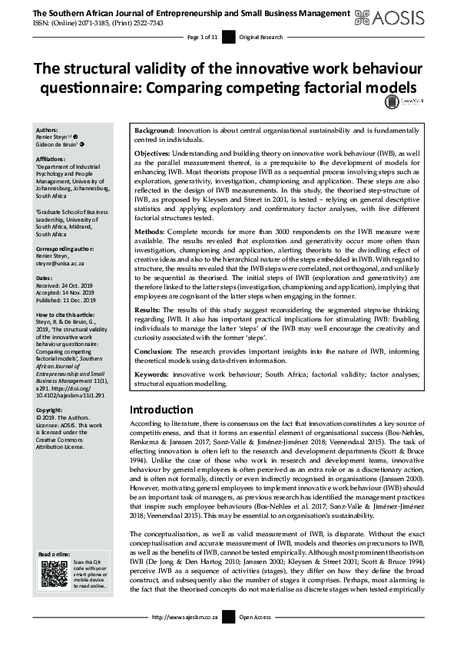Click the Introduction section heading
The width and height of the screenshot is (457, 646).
(161, 410)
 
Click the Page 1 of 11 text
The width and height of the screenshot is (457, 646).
(204, 37)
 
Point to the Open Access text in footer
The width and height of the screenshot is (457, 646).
(256, 638)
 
